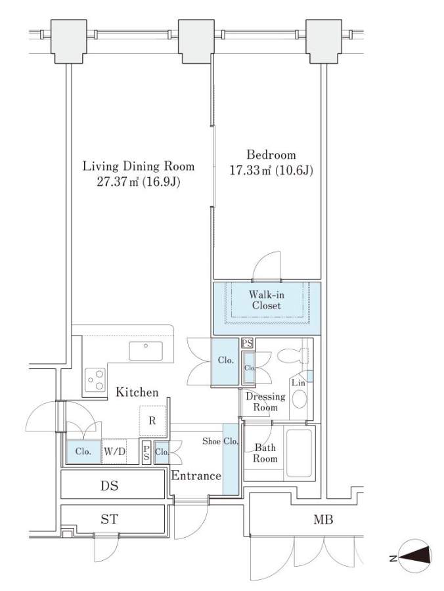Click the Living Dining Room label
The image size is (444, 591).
tap(139, 166)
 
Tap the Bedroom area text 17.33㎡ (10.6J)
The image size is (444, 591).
tap(271, 171)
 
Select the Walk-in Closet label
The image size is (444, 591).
tap(266, 300)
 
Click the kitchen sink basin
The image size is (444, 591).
tap(146, 351)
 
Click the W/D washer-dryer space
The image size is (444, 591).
tap(114, 451)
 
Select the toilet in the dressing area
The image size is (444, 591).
tap(293, 355)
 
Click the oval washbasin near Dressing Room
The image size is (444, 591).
tap(300, 399)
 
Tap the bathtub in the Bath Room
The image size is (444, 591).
tap(300, 452)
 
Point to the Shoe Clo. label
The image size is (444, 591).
tap(220, 441)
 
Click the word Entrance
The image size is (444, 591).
tap(196, 475)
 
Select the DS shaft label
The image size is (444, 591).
tap(109, 485)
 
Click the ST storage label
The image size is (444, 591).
tap(109, 520)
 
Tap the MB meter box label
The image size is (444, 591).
tap(323, 520)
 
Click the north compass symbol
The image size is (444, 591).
tap(414, 557)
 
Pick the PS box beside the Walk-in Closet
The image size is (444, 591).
tap(247, 343)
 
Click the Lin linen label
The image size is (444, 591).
tap(298, 383)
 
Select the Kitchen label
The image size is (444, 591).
tap(137, 392)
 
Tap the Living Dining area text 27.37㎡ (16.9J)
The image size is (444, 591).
tap(139, 182)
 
